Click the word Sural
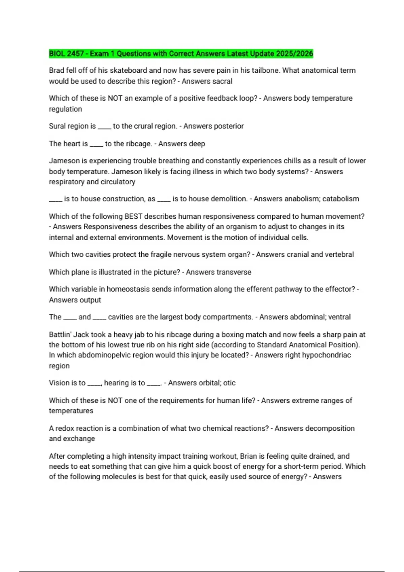click(57, 126)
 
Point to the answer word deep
click(197, 144)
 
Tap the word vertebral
click(339, 254)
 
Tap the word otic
click(229, 383)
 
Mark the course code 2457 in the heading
click(75, 53)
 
